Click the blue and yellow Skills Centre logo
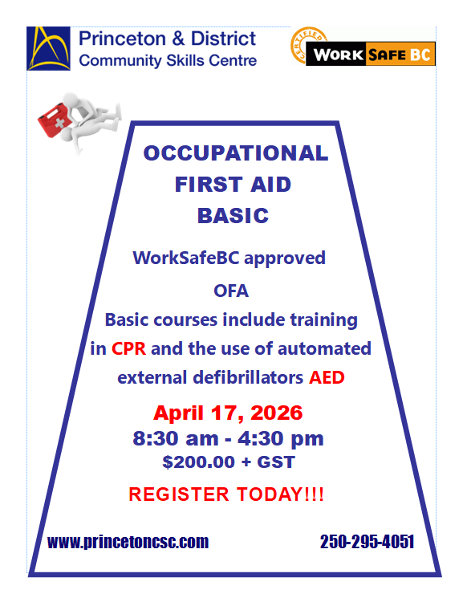48,48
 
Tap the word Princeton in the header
122,39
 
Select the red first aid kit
53,120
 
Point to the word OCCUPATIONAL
236,153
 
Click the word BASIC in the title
233,216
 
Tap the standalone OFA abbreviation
231,291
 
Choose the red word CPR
128,349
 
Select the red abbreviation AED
327,377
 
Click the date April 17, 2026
228,413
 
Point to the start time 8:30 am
176,438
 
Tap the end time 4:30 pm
281,438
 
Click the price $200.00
199,462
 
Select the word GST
276,462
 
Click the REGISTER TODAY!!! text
226,494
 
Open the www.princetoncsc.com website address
128,542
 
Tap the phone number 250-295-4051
367,542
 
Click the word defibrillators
248,377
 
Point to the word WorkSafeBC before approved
185,258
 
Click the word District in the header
223,39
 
